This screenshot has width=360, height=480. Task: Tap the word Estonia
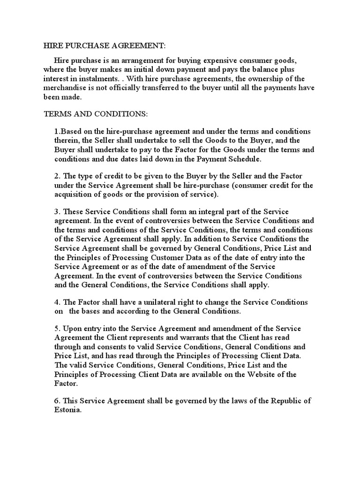68,409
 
